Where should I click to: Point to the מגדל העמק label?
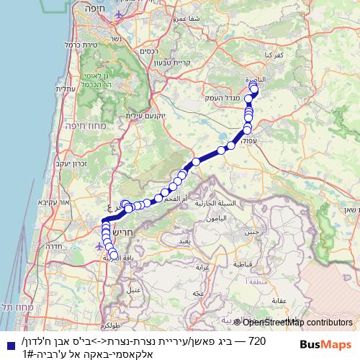point(223,96)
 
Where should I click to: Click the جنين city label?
point(252,232)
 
